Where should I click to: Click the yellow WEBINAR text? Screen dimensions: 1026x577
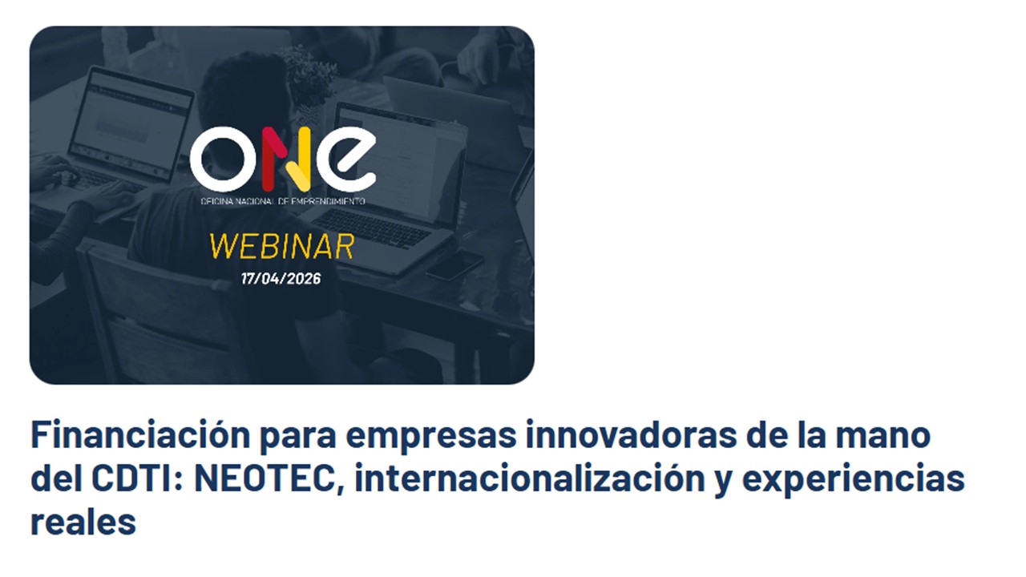point(281,246)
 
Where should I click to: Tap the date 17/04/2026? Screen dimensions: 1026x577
point(281,278)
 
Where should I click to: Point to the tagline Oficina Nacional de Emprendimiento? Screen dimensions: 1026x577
point(283,201)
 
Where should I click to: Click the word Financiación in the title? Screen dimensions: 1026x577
point(140,435)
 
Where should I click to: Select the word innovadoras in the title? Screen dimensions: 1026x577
point(632,435)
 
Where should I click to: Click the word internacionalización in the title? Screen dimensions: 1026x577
point(530,478)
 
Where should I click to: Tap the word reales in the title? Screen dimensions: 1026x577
point(83,522)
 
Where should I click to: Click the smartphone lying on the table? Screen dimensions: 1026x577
point(454,264)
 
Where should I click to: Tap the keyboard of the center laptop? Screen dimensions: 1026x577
point(372,229)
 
